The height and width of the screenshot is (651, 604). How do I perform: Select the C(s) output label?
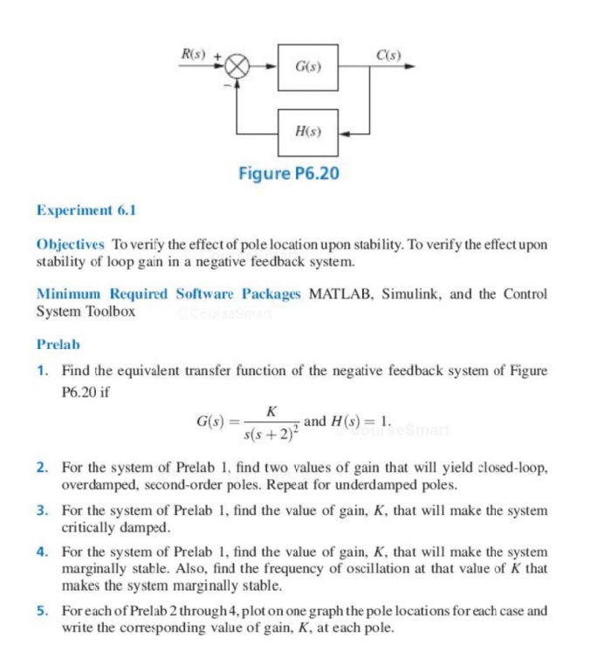click(388, 55)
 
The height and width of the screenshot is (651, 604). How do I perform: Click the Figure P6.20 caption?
click(289, 174)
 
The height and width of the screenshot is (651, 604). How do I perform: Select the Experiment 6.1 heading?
click(86, 210)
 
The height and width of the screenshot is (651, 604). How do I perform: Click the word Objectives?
click(70, 244)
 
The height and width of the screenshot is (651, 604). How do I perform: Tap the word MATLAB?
click(340, 294)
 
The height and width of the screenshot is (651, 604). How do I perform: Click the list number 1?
click(42, 371)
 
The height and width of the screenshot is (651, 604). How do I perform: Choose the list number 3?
click(42, 510)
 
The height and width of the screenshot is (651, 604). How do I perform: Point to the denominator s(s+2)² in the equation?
click(272, 432)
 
